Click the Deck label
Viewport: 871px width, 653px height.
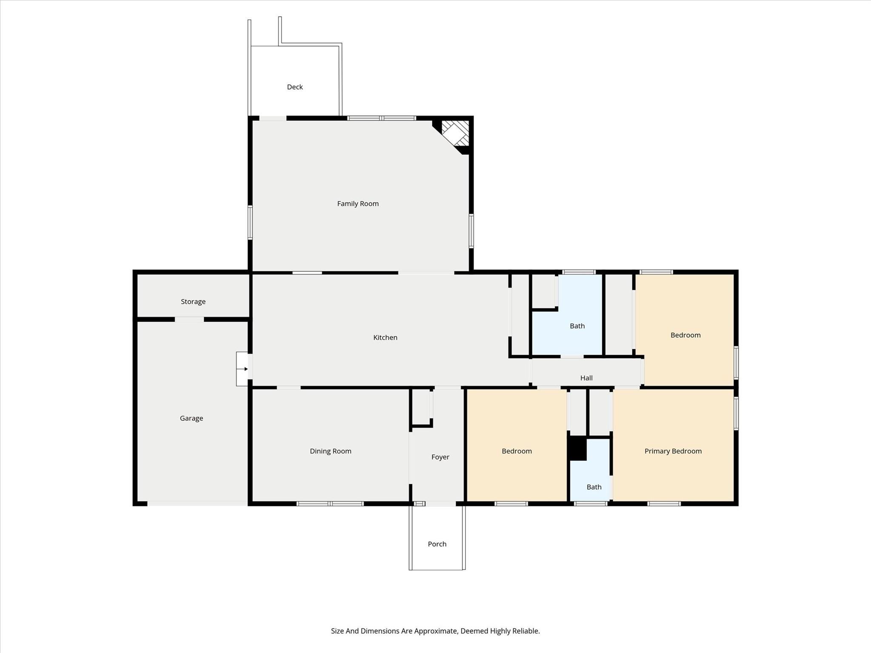(x=294, y=87)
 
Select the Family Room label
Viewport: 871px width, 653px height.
(x=357, y=203)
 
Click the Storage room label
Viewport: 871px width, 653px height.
(x=193, y=301)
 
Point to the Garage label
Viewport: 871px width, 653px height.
(x=191, y=418)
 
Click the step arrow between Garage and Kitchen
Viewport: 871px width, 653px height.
(x=243, y=369)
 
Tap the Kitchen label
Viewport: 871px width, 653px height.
(x=385, y=337)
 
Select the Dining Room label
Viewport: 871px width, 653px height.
(x=330, y=451)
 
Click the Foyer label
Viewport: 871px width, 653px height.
(x=440, y=456)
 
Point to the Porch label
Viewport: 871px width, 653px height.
(x=437, y=544)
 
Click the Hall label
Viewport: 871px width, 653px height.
(x=586, y=377)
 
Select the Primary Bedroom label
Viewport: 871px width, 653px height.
(x=672, y=451)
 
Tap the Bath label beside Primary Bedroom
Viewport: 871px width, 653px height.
(x=594, y=487)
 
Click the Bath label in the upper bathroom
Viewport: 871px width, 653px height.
(x=577, y=325)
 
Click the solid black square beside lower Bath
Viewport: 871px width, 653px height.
(x=578, y=448)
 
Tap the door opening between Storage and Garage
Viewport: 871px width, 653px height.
(x=189, y=319)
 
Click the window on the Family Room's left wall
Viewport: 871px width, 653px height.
(x=250, y=222)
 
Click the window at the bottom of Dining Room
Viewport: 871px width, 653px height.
(x=330, y=504)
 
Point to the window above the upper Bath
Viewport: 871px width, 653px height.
(x=578, y=272)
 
